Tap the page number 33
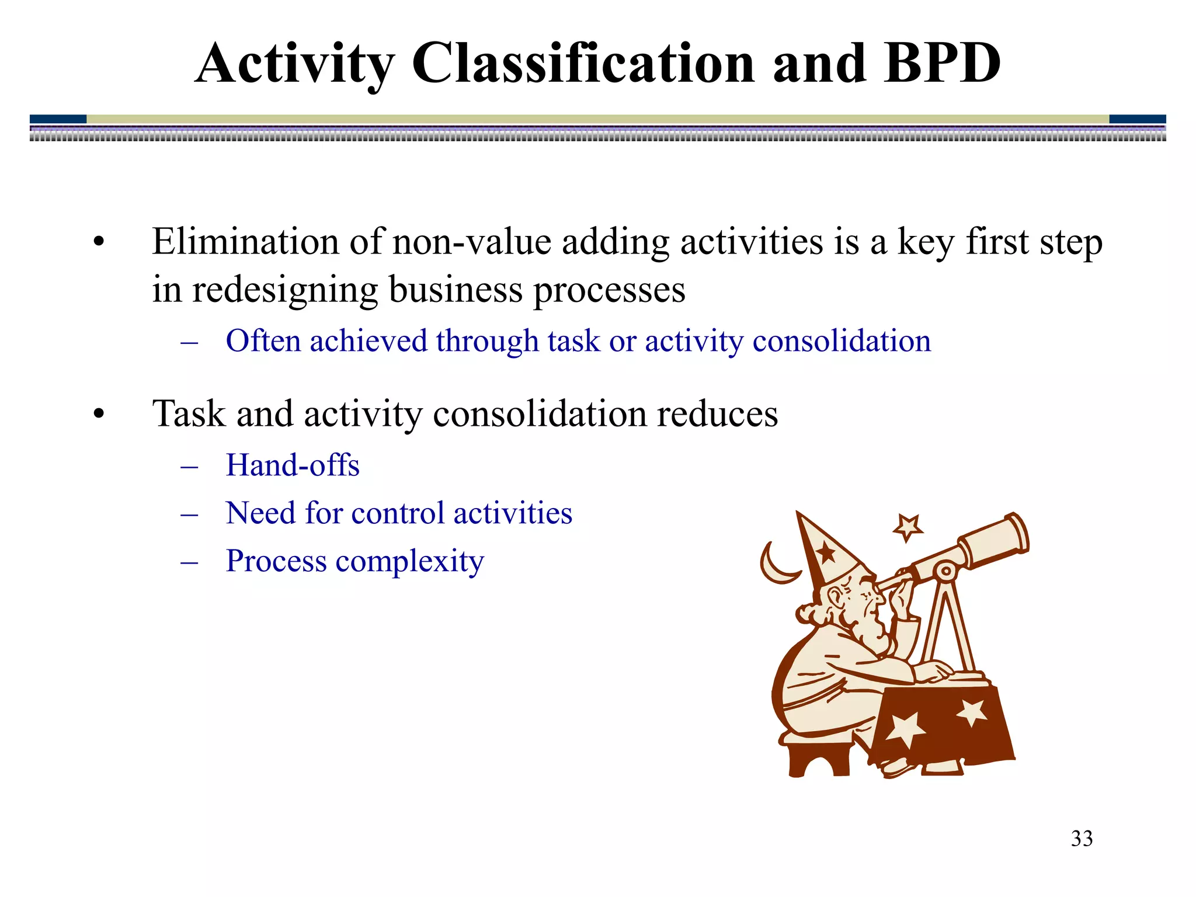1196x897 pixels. coord(1082,839)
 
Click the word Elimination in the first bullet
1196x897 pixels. coord(245,241)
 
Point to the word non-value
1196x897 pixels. coord(472,242)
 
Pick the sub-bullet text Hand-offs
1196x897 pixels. coord(293,465)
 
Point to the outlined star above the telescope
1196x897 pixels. coord(908,527)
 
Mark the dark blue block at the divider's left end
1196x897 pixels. coord(58,119)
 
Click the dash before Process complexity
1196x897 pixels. coord(189,562)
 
